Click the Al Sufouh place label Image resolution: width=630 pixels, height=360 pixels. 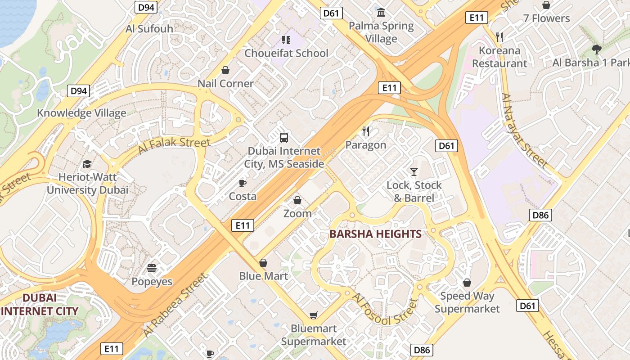tap(149, 29)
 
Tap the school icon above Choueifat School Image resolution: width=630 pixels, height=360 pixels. tap(286, 40)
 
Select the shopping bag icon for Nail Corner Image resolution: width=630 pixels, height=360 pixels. tap(225, 70)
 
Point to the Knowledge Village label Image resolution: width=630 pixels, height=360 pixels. tap(81, 112)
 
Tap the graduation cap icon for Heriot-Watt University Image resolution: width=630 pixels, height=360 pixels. tap(87, 164)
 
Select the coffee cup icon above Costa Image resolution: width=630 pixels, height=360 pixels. tap(243, 183)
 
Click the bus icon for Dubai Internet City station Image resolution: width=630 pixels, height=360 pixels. tap(284, 138)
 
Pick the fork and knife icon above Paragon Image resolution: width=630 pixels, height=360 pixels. tap(366, 131)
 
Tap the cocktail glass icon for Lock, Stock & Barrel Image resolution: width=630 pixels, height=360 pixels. tap(414, 171)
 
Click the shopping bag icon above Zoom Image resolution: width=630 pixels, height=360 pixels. tap(297, 200)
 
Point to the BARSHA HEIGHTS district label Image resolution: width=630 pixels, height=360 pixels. tap(375, 234)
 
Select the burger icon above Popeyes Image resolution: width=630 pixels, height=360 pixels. tap(152, 269)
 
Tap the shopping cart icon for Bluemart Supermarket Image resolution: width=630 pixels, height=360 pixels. tap(313, 315)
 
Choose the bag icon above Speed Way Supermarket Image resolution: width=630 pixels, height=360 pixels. tap(467, 283)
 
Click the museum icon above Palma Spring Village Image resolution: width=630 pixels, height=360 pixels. tap(381, 12)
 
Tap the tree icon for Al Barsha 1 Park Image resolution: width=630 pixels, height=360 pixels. tap(596, 49)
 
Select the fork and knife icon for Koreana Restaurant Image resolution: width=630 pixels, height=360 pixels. tap(499, 37)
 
